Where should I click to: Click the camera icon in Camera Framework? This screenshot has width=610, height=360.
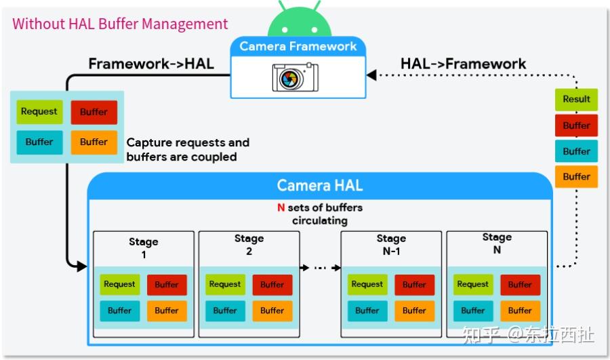tap(295, 77)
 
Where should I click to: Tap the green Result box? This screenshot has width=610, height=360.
tap(576, 99)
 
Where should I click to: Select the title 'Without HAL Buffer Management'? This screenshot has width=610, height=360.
tap(120, 24)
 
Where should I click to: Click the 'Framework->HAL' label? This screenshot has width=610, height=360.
tap(151, 64)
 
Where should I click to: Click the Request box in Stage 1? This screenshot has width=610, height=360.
tap(120, 285)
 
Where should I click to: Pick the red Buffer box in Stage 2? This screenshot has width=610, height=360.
tap(272, 285)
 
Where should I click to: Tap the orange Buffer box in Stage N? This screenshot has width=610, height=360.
tap(520, 311)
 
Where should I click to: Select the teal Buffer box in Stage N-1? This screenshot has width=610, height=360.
tap(367, 311)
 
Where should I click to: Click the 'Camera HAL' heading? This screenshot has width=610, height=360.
tap(320, 185)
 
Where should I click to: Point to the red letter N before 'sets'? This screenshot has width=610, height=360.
tap(281, 207)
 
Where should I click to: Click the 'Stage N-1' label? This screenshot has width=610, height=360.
tap(391, 245)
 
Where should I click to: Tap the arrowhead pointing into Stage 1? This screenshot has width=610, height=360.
tap(82, 266)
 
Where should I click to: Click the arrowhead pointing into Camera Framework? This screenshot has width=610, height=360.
tap(371, 75)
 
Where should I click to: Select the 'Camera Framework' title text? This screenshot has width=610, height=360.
tap(298, 46)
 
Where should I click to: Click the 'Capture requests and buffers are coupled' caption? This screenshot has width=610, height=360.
tap(188, 150)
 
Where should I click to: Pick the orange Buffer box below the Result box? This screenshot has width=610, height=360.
tap(576, 176)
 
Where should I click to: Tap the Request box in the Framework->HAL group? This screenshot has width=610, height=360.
tap(39, 112)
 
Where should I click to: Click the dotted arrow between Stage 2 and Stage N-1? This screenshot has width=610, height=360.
tap(319, 267)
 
